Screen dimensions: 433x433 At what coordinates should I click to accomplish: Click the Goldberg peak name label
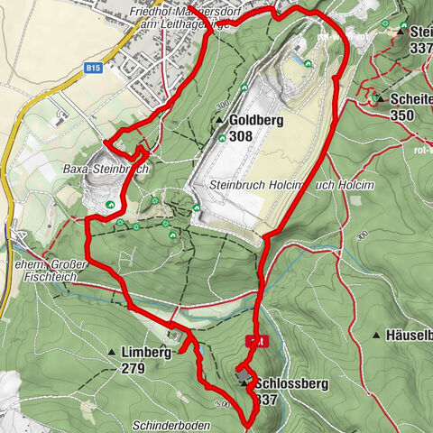(253, 120)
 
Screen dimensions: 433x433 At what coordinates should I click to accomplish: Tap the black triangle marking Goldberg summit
(219, 120)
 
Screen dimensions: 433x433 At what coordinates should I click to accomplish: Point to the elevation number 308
(241, 136)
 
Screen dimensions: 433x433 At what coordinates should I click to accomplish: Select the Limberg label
(144, 353)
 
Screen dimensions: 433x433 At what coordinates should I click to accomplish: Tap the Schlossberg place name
(291, 383)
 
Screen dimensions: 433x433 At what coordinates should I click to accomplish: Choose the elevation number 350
(402, 115)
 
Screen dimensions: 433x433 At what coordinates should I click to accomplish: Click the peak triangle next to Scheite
(381, 98)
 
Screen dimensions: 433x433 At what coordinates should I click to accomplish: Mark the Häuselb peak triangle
(376, 335)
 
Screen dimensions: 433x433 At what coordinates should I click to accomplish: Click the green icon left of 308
(222, 138)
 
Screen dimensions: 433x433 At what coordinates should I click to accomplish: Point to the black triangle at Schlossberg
(244, 382)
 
